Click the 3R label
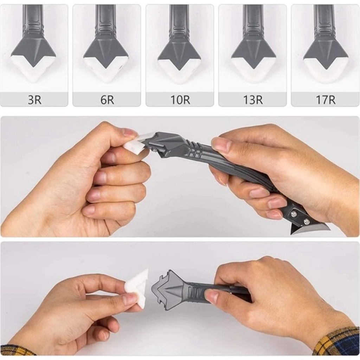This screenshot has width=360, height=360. point(34,99)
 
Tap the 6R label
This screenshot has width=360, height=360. point(107,99)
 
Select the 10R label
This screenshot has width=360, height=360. point(180,99)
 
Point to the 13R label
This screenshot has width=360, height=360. point(253,99)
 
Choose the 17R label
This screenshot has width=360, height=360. point(326,99)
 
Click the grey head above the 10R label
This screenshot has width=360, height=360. point(179,51)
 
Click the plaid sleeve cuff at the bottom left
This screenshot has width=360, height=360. point(16,350)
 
